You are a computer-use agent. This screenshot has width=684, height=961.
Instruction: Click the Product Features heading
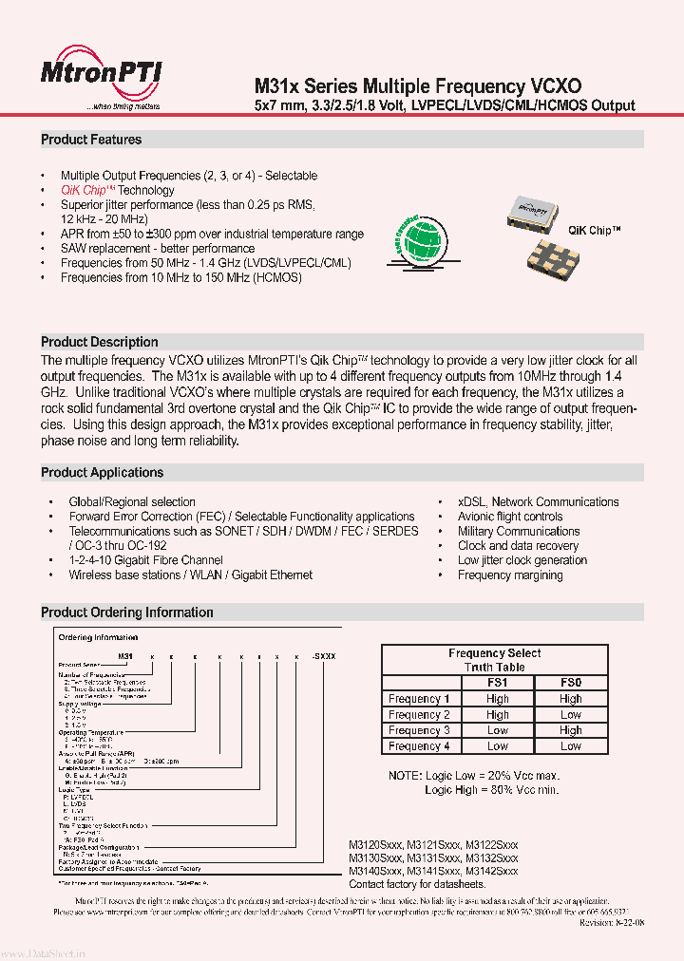[91, 140]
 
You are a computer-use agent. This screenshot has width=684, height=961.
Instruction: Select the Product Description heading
[100, 342]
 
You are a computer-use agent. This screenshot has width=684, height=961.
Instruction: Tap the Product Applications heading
[102, 472]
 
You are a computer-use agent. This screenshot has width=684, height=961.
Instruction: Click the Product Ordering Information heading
[126, 612]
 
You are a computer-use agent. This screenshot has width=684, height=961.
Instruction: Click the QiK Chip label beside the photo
[595, 231]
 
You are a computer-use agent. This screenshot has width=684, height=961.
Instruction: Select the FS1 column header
[498, 683]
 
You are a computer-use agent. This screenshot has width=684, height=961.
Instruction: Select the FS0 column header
[570, 683]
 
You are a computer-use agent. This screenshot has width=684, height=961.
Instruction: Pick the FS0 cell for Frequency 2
[570, 714]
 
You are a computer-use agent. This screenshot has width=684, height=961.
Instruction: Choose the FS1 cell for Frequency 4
[498, 746]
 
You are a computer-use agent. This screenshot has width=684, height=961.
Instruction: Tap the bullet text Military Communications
[518, 531]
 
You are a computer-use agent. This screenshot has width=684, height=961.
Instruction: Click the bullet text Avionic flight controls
[510, 517]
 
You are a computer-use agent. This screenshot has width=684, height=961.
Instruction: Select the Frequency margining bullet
[510, 575]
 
